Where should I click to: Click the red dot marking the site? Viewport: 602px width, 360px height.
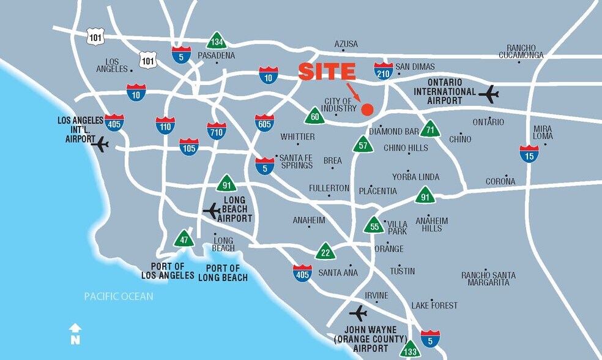tap(367, 110)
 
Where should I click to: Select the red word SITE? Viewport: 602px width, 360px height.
tap(327, 72)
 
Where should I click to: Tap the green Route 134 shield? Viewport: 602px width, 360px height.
tap(217, 41)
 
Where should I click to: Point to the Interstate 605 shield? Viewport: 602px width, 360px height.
tap(265, 122)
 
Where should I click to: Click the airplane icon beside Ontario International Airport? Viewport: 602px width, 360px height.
tap(489, 94)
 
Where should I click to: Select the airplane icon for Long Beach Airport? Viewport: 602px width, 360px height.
tap(212, 211)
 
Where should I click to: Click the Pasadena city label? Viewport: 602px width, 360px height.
tap(216, 56)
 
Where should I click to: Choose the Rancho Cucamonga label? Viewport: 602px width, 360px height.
tap(522, 51)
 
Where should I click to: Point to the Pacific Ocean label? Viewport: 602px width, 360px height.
tap(119, 297)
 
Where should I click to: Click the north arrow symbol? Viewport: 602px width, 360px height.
tap(75, 333)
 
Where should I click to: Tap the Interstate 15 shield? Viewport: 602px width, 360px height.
tap(529, 153)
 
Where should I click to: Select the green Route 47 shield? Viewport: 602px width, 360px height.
tap(184, 239)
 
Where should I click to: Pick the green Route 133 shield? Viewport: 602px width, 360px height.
tap(410, 350)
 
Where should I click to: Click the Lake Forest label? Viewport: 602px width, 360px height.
tap(434, 305)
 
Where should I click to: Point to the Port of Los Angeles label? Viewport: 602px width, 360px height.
tap(168, 271)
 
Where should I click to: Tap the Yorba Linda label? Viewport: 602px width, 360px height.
tap(416, 177)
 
